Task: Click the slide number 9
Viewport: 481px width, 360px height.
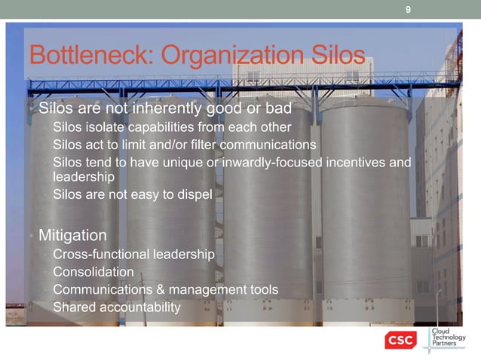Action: [x=408, y=9]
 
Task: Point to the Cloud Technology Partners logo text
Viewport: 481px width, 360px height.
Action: [x=449, y=338]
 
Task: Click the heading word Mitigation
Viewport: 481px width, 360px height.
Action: [x=72, y=234]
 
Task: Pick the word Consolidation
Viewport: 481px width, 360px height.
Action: [x=93, y=272]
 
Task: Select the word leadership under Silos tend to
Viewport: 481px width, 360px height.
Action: [x=84, y=177]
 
